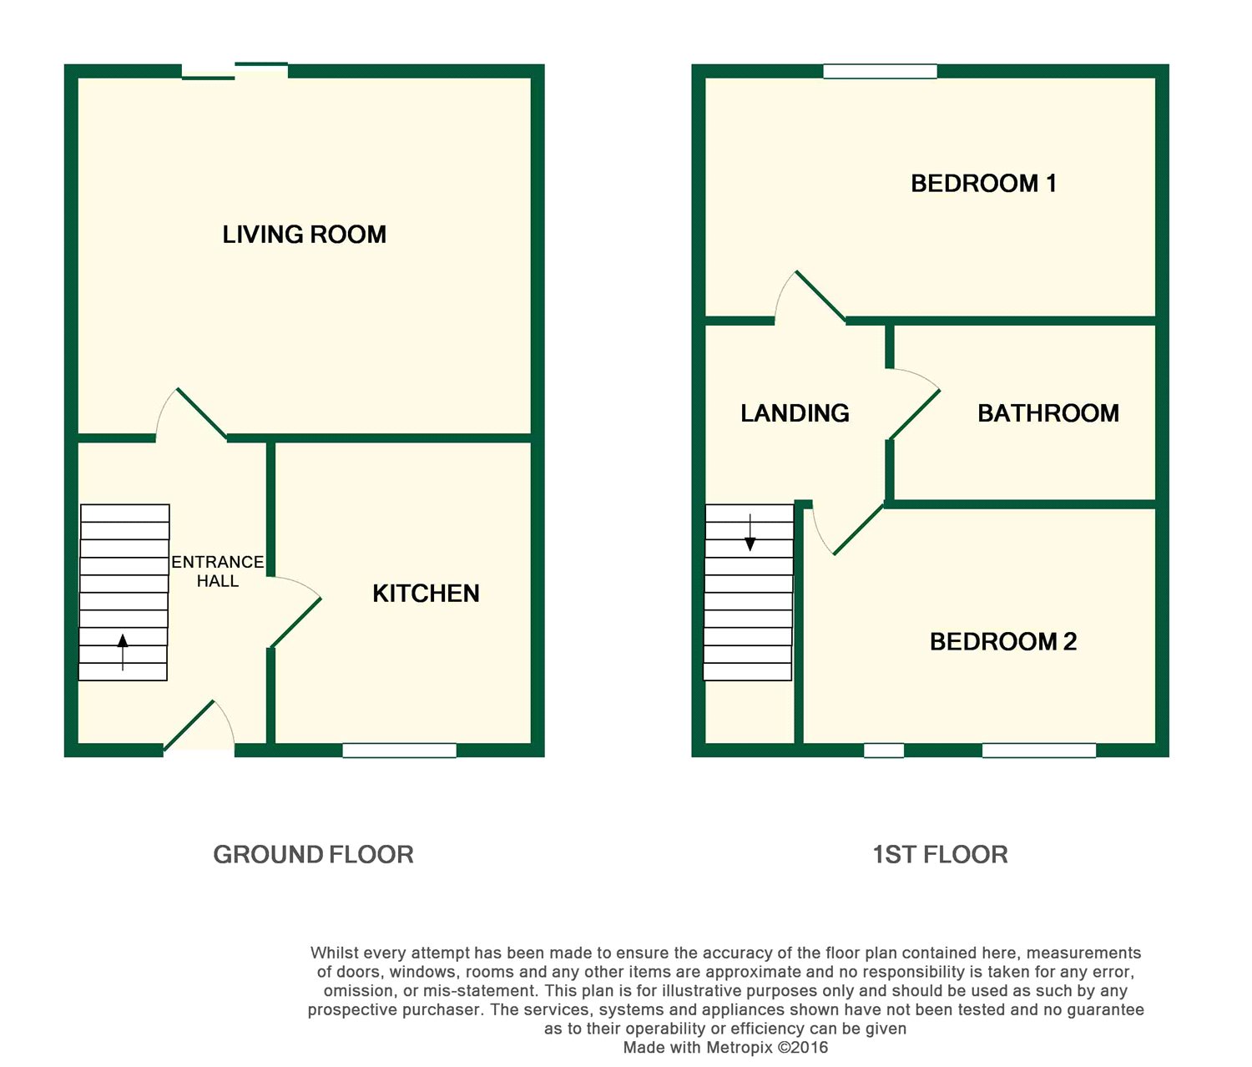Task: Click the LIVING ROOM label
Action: click(x=304, y=235)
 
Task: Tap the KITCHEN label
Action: click(x=426, y=594)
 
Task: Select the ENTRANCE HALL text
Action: click(x=218, y=571)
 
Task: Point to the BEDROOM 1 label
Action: click(x=984, y=183)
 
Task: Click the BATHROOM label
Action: click(x=1048, y=413)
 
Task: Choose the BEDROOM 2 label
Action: click(x=1003, y=642)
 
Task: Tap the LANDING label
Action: click(x=795, y=413)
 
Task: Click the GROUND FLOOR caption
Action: click(x=313, y=854)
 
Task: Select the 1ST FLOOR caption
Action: click(x=940, y=854)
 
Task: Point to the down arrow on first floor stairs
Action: click(x=750, y=533)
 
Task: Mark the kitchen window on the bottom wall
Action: click(x=399, y=750)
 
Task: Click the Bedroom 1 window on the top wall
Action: click(x=880, y=72)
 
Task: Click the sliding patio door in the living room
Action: click(x=235, y=71)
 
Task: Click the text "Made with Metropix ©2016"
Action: click(x=725, y=1047)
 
